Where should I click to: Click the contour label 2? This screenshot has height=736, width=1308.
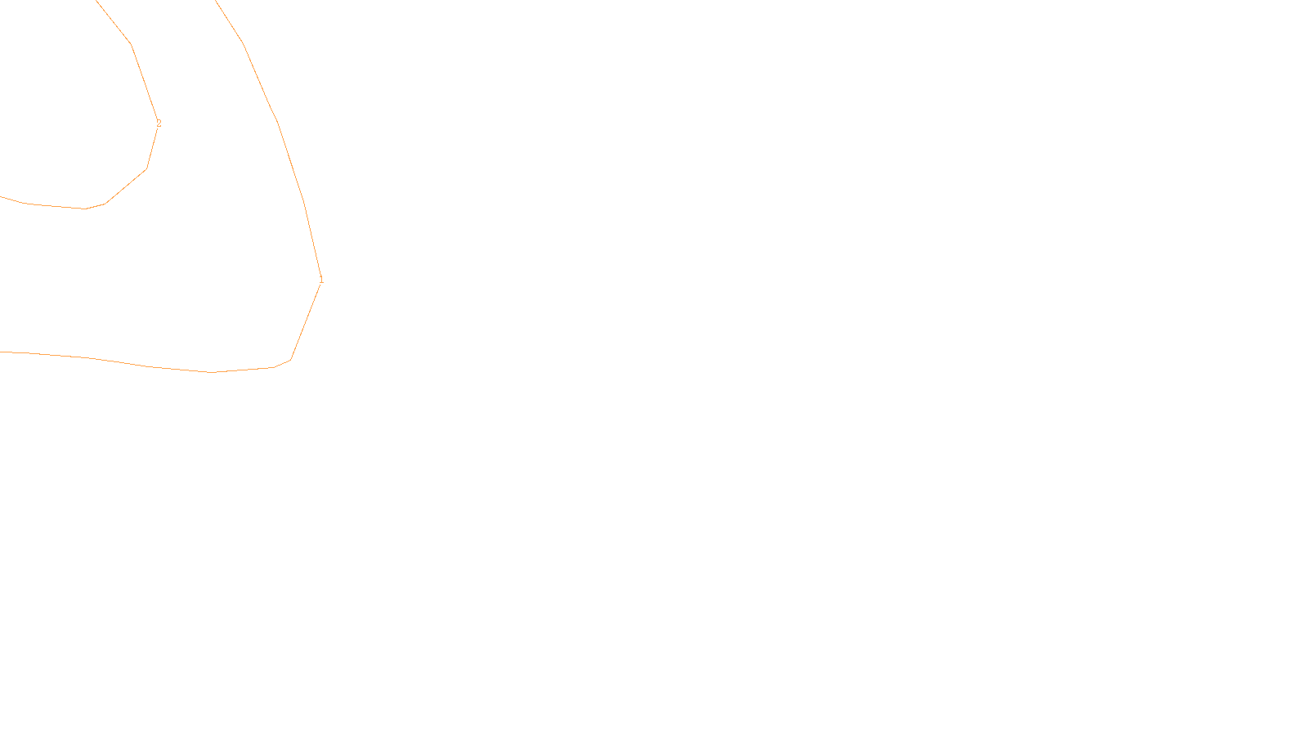[159, 124]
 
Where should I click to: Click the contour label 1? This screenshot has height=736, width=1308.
[321, 280]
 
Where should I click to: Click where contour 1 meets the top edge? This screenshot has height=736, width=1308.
[215, 1]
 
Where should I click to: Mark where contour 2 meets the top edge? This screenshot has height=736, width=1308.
[96, 1]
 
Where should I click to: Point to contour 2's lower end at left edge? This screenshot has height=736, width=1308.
[1, 196]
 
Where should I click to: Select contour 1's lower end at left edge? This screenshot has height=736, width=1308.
[1, 352]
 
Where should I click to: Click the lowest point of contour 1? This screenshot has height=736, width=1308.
[213, 372]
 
